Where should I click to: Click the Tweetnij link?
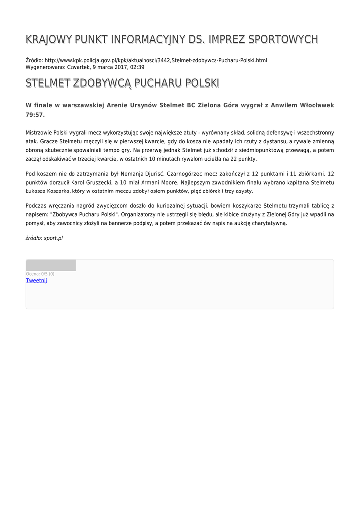pos(36,281)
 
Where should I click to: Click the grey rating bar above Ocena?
pos(51,265)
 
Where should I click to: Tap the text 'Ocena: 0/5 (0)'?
pos(40,274)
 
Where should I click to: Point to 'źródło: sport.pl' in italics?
pos(44,238)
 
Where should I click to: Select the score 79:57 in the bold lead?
pos(34,115)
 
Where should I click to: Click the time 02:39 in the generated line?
pos(137,67)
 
